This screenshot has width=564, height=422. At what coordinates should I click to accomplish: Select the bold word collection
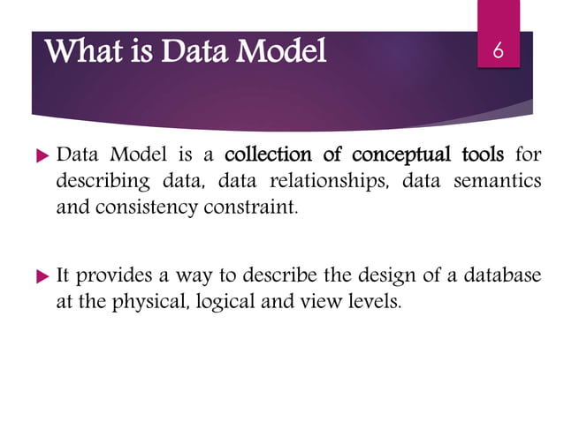(x=264, y=156)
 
